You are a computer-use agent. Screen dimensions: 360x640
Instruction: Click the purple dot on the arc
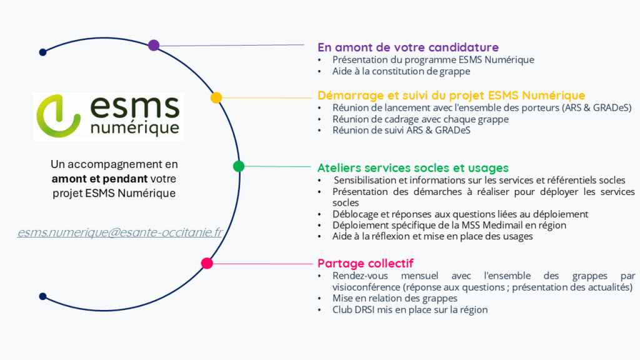[154, 45]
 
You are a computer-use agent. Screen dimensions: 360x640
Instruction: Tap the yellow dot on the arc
[216, 97]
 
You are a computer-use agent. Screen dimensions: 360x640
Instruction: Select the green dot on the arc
[238, 166]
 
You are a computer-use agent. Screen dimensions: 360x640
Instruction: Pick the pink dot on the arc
[207, 264]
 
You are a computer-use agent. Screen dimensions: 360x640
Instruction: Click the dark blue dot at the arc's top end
[42, 52]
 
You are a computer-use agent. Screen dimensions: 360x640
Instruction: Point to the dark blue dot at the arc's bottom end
[42, 296]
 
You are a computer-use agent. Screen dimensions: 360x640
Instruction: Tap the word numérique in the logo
[134, 127]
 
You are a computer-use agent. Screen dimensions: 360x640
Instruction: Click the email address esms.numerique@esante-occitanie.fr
[120, 232]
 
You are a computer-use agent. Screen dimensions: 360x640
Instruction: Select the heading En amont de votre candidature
[407, 47]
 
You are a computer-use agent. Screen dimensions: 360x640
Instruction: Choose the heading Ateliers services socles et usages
[412, 167]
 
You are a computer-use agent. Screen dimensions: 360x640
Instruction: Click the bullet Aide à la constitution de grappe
[401, 71]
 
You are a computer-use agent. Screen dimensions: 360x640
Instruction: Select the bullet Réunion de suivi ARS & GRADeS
[401, 131]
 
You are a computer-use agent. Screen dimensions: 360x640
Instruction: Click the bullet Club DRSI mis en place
[409, 309]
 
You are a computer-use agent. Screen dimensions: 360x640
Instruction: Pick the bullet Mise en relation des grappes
[395, 298]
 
